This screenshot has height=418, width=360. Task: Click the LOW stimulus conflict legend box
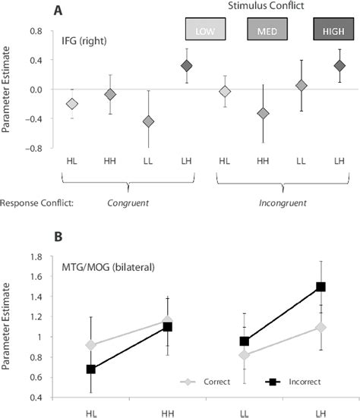pyautogui.click(x=204, y=30)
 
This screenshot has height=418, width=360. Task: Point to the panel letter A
pyautogui.click(x=58, y=11)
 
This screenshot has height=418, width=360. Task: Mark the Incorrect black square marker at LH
pyautogui.click(x=321, y=287)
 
